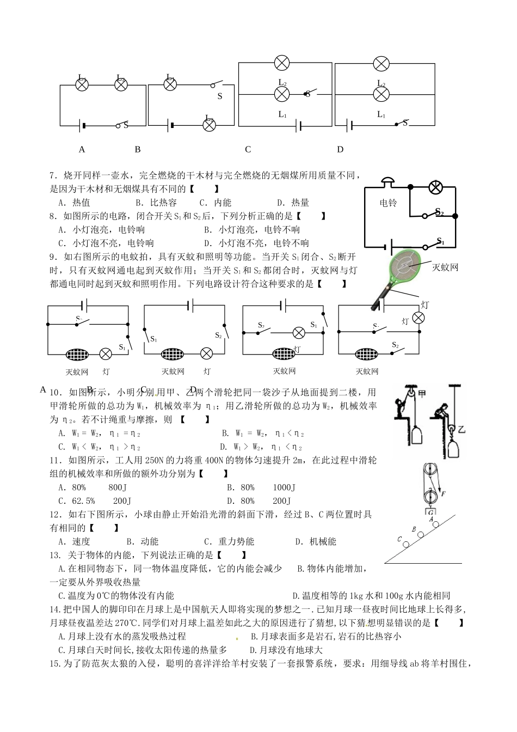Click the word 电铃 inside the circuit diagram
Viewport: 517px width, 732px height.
pyautogui.click(x=388, y=203)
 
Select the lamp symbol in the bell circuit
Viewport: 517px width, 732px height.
pyautogui.click(x=435, y=187)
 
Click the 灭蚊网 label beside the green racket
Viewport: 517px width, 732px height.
pyautogui.click(x=445, y=267)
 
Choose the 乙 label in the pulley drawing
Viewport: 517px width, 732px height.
pyautogui.click(x=461, y=430)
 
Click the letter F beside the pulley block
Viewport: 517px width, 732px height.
pyautogui.click(x=444, y=494)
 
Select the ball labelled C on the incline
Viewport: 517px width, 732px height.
pyautogui.click(x=406, y=544)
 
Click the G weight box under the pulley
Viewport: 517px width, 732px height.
pyautogui.click(x=430, y=512)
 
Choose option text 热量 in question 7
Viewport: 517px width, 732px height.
pyautogui.click(x=300, y=203)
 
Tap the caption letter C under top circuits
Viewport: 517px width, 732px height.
pyautogui.click(x=248, y=149)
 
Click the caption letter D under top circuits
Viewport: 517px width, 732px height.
pyautogui.click(x=340, y=149)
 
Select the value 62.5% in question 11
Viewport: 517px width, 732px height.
pyautogui.click(x=83, y=501)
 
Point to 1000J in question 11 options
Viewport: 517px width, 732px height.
pyautogui.click(x=284, y=487)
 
